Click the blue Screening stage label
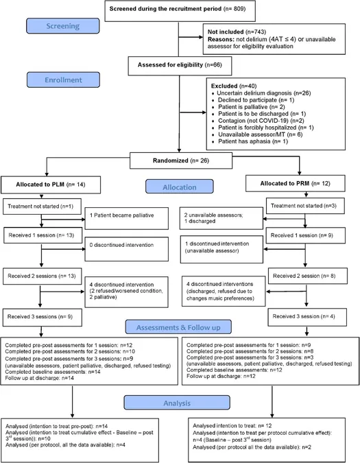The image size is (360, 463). tap(63, 26)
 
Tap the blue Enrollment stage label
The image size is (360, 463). tap(63, 80)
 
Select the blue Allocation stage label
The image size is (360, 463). tap(180, 187)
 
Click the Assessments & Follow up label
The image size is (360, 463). tap(178, 327)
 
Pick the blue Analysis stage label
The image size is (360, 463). tap(177, 403)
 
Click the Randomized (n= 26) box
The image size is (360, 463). tap(181, 161)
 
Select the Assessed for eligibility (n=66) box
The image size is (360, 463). tap(180, 66)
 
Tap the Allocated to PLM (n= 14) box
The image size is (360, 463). tap(51, 185)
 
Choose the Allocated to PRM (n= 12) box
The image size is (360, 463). tap(295, 184)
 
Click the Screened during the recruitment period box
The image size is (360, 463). tap(180, 11)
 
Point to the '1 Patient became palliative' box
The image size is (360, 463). tap(127, 218)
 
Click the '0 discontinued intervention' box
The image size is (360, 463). tap(127, 249)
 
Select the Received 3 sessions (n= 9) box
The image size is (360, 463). tap(43, 318)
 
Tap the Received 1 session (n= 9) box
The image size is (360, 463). tap(305, 235)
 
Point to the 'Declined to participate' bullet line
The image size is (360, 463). tap(253, 100)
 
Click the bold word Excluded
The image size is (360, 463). tap(224, 86)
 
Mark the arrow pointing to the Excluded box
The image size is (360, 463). tap(193, 112)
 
